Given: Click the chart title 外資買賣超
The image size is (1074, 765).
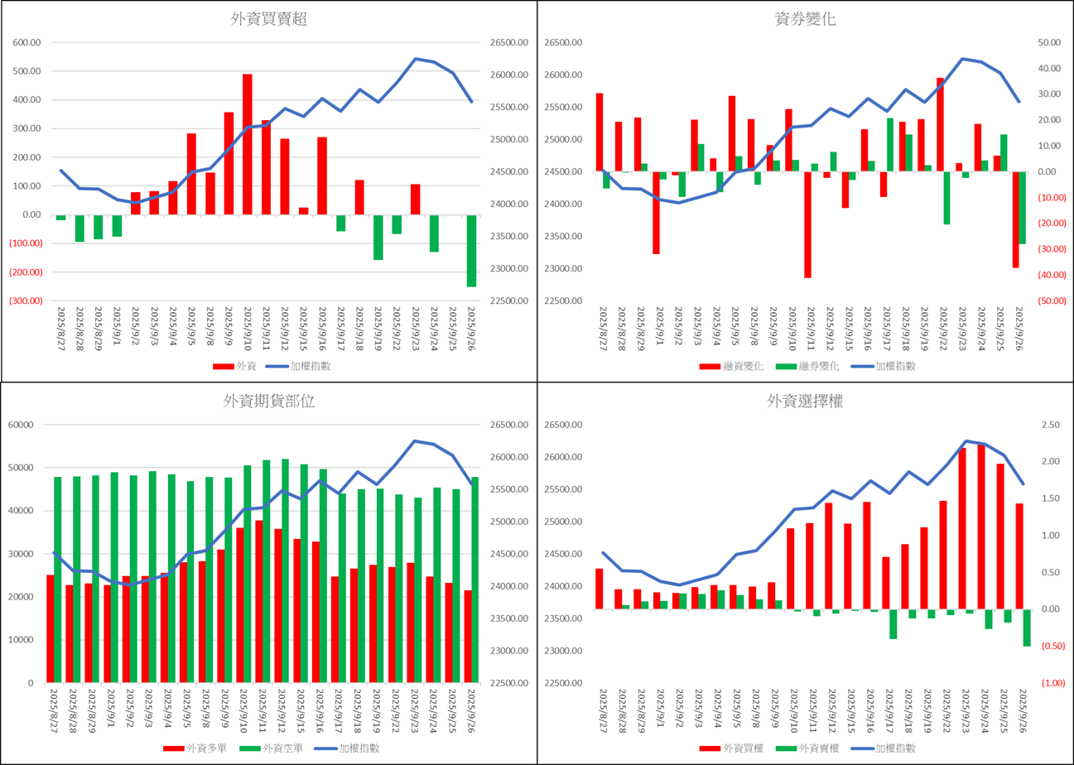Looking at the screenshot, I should pyautogui.click(x=269, y=20).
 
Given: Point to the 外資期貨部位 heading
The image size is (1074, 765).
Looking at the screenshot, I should pyautogui.click(x=269, y=402).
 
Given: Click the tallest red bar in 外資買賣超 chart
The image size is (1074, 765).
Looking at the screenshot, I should pyautogui.click(x=247, y=144).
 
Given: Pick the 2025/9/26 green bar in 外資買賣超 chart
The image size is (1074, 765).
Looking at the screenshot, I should pyautogui.click(x=471, y=250).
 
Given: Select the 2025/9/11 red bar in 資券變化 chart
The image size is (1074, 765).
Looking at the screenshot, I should pyautogui.click(x=807, y=224).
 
